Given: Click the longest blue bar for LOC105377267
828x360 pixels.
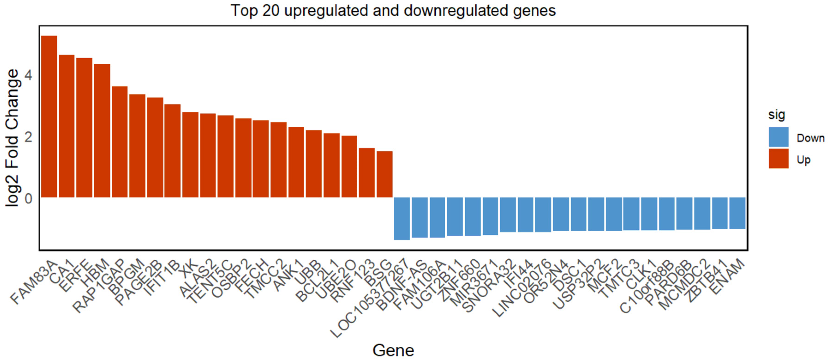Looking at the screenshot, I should coord(402,219).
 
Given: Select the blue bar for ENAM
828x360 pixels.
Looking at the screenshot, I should coord(737,213).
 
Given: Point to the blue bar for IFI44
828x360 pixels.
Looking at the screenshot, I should coord(526,215).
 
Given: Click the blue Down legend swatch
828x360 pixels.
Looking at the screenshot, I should coord(778,137).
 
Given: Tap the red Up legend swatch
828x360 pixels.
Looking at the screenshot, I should coord(778,158).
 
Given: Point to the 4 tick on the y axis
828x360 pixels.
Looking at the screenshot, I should coord(28,76).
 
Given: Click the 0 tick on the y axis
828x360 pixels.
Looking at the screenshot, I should coord(28,199).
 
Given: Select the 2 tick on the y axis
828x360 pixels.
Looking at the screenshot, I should coord(28,137).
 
